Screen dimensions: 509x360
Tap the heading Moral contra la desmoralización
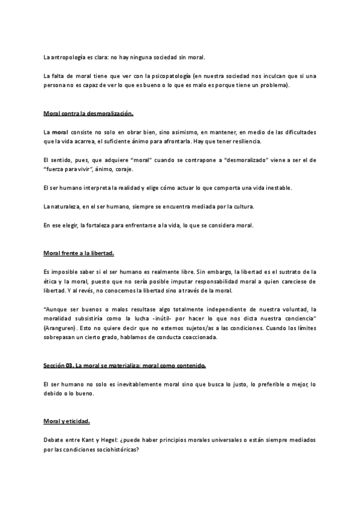pos(88,113)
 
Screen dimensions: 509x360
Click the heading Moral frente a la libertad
pos(79,254)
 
